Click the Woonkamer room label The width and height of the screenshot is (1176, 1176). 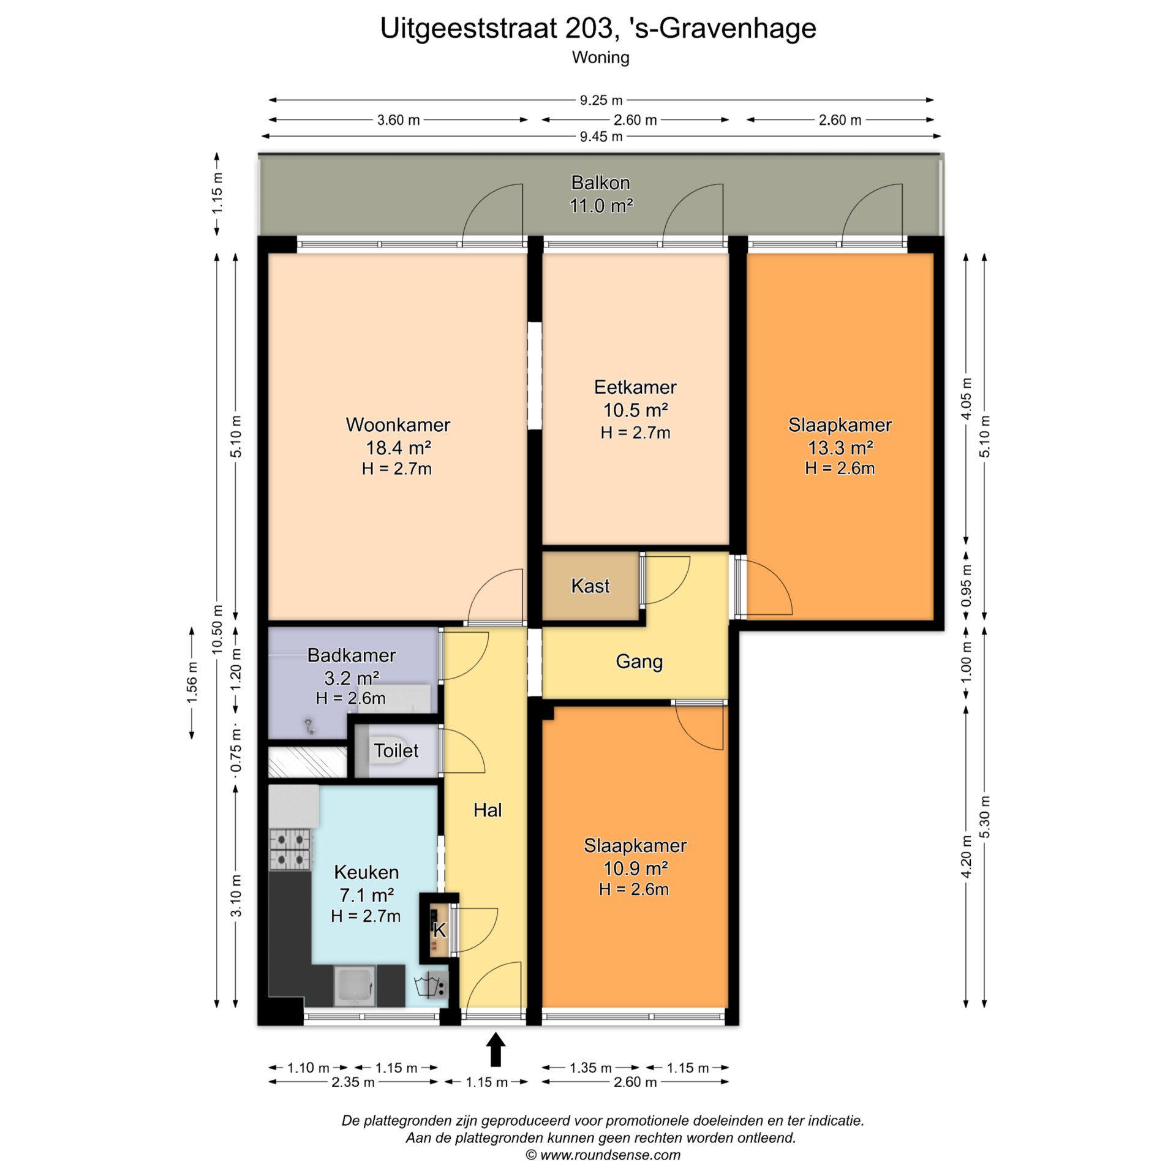click(x=398, y=424)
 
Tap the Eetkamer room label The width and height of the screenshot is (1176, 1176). click(x=635, y=387)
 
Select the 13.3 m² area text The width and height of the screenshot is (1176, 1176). click(x=840, y=448)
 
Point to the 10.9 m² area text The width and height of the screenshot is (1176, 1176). click(x=635, y=868)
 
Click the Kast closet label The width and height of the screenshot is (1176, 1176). click(x=590, y=586)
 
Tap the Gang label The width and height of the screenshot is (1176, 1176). click(x=639, y=661)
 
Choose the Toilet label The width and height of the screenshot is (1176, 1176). click(x=396, y=750)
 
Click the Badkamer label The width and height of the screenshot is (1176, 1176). click(x=351, y=655)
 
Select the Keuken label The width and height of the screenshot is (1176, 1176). click(x=366, y=872)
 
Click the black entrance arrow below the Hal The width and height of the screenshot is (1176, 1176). click(x=496, y=1049)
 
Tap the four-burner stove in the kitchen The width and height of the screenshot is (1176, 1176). click(x=290, y=849)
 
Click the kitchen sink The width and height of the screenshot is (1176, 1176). click(x=354, y=986)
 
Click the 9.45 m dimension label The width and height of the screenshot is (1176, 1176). click(x=601, y=137)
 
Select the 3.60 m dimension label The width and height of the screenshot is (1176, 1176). click(x=398, y=120)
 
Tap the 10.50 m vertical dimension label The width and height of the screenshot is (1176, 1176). click(x=217, y=629)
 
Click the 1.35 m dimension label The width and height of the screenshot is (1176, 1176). click(x=590, y=1068)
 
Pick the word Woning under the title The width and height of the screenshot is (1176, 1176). click(x=600, y=58)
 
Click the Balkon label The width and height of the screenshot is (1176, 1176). click(x=600, y=183)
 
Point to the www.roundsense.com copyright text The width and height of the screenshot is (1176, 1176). click(x=603, y=1155)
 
